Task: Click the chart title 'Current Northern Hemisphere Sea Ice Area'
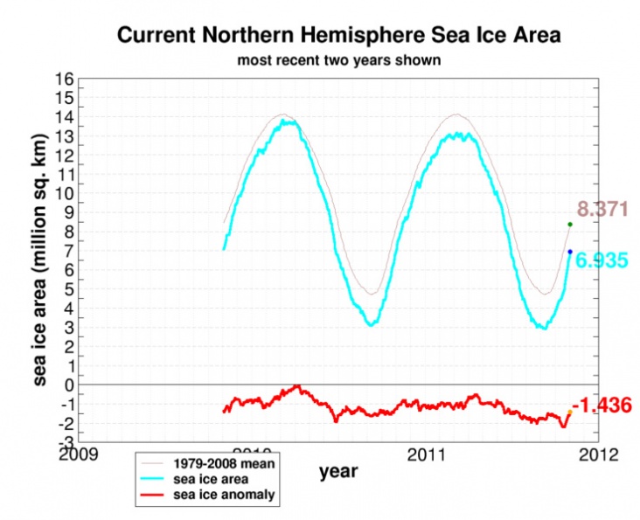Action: pyautogui.click(x=338, y=37)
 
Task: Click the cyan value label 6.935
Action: pyautogui.click(x=599, y=260)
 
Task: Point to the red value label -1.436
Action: pyautogui.click(x=602, y=405)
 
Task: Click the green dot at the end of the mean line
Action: pyautogui.click(x=570, y=225)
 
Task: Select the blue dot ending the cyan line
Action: pyautogui.click(x=570, y=252)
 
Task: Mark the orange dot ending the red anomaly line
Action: pyautogui.click(x=569, y=412)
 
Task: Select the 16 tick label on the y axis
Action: pyautogui.click(x=64, y=79)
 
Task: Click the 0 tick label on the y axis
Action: pyautogui.click(x=67, y=385)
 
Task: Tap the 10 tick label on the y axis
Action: pyautogui.click(x=64, y=193)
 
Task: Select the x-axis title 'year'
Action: pyautogui.click(x=338, y=472)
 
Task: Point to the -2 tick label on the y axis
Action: pyautogui.click(x=64, y=423)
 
